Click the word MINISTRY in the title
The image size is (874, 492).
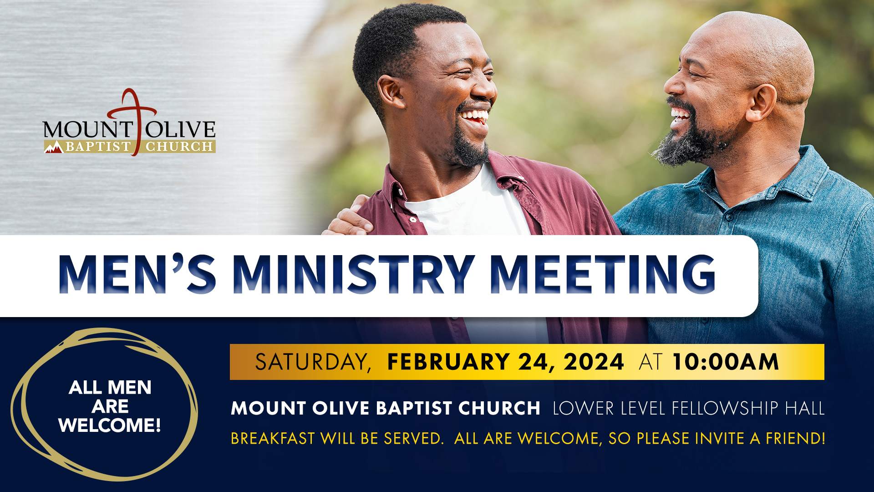click(354, 274)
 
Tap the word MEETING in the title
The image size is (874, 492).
click(603, 274)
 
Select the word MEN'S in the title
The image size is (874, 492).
click(137, 274)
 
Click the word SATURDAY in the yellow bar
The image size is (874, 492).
click(313, 362)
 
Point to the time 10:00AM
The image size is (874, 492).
click(726, 362)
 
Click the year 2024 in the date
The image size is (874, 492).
click(594, 362)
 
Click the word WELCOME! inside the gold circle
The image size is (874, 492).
click(110, 425)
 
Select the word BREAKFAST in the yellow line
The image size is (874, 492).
click(273, 438)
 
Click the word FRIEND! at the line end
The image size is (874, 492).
click(796, 438)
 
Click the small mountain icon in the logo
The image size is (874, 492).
click(54, 147)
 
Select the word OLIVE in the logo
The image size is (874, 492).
click(180, 130)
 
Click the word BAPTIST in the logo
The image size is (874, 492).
click(98, 147)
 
